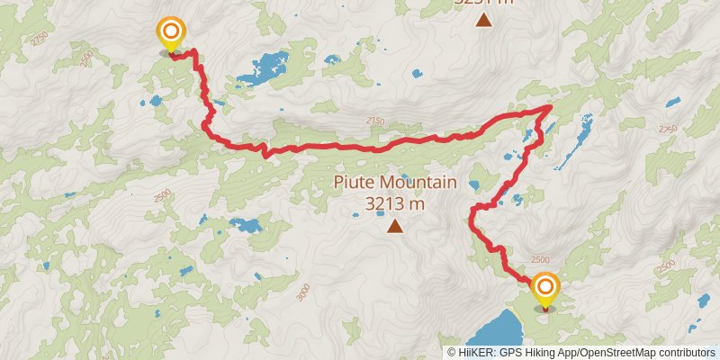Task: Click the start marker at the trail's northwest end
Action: (169, 33)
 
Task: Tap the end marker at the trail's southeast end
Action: (545, 289)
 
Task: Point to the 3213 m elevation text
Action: (395, 204)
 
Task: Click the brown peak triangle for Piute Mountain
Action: (395, 226)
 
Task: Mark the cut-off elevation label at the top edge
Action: (484, 3)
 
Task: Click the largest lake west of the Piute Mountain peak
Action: (244, 225)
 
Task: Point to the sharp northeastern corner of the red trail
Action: (550, 107)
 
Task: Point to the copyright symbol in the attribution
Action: (452, 353)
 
